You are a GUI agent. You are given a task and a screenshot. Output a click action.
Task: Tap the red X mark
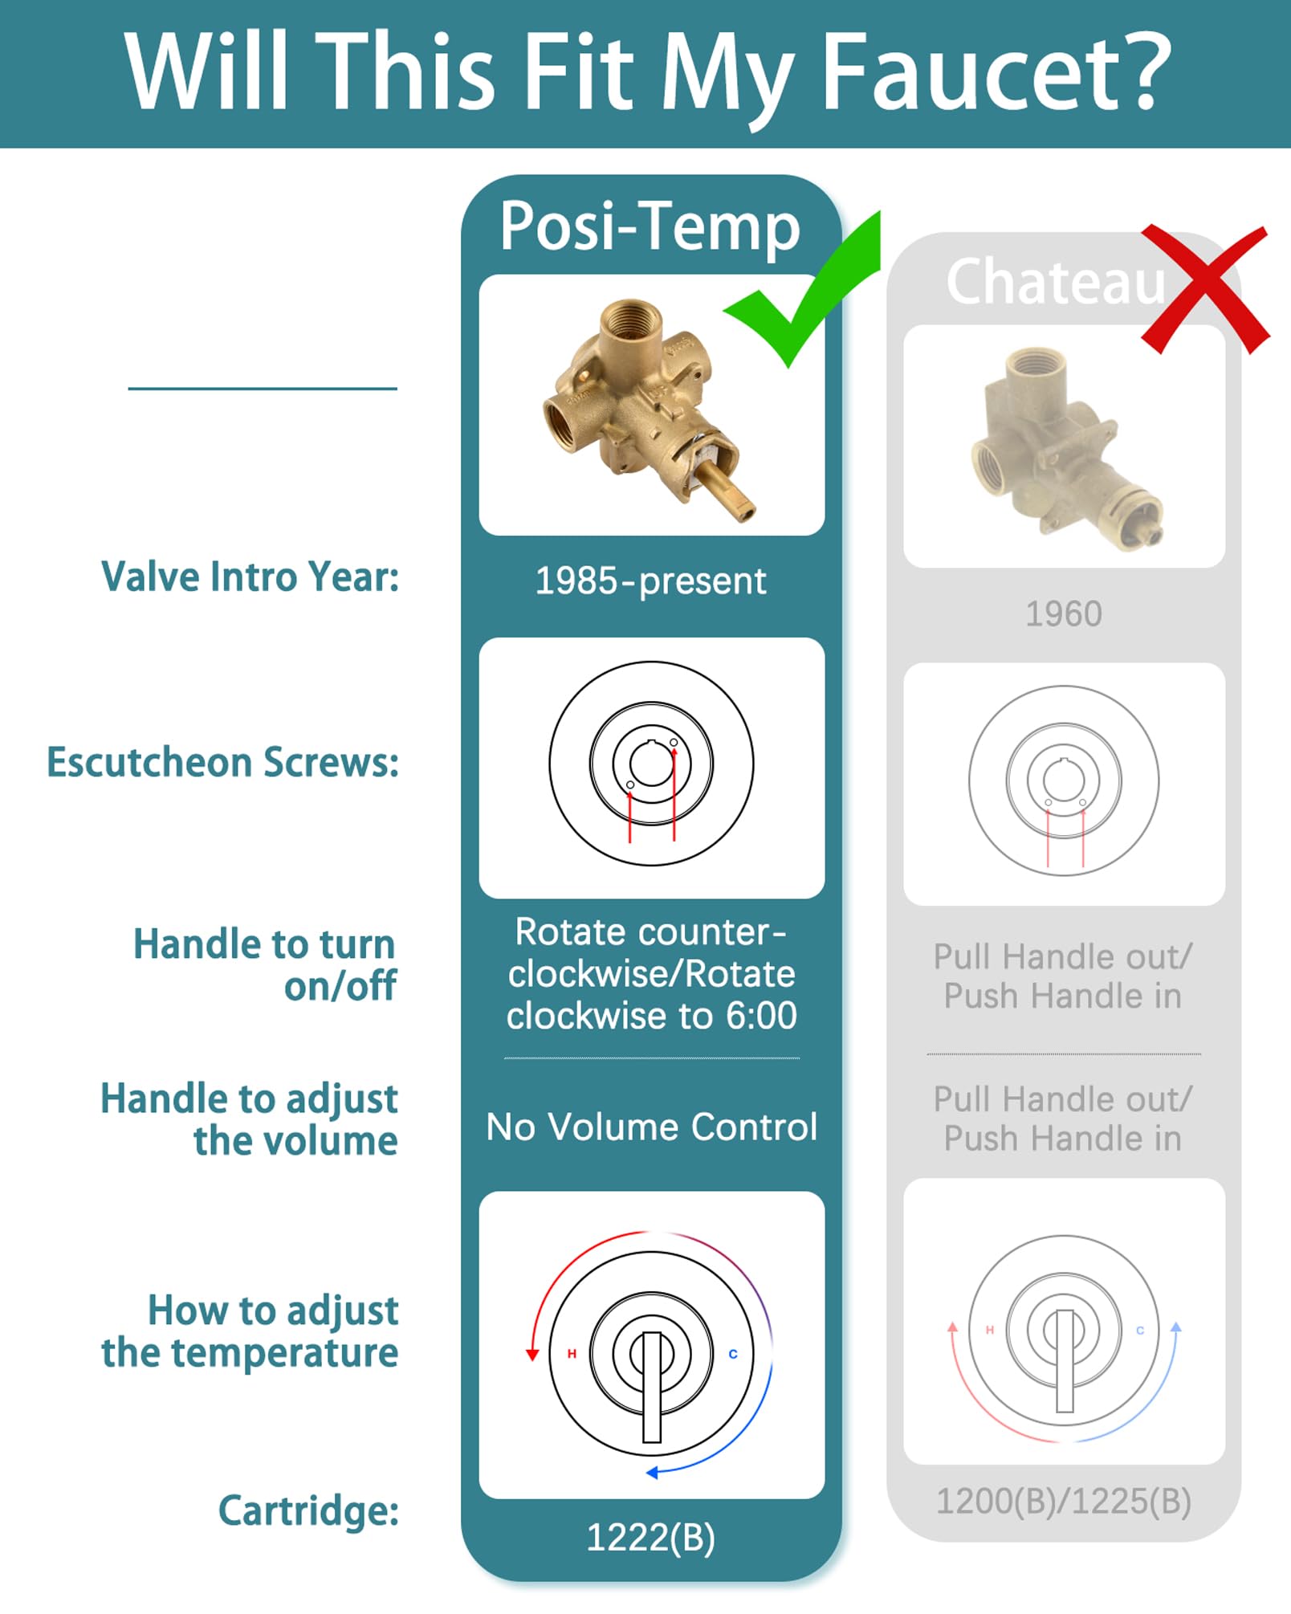(x=1205, y=290)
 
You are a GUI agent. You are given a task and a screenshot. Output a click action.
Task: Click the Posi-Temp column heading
(x=650, y=227)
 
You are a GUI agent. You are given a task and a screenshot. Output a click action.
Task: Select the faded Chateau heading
(x=1056, y=281)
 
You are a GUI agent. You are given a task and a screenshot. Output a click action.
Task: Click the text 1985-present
(x=650, y=581)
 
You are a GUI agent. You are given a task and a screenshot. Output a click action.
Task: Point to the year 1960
(x=1064, y=614)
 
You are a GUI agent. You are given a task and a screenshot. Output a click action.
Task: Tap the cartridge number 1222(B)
(x=650, y=1538)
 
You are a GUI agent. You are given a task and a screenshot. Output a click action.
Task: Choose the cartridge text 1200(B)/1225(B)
(x=1064, y=1501)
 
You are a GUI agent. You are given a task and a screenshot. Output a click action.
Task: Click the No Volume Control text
(x=652, y=1127)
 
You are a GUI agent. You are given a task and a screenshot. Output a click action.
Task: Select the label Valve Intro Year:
(x=250, y=577)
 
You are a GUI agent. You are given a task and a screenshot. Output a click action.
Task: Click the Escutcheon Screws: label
(x=222, y=762)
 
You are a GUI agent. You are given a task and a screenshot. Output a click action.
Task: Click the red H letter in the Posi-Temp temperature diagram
(x=572, y=1353)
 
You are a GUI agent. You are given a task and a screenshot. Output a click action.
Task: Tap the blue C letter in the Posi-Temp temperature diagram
(x=733, y=1354)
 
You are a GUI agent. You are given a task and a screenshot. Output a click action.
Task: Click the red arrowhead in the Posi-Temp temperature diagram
(x=531, y=1355)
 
